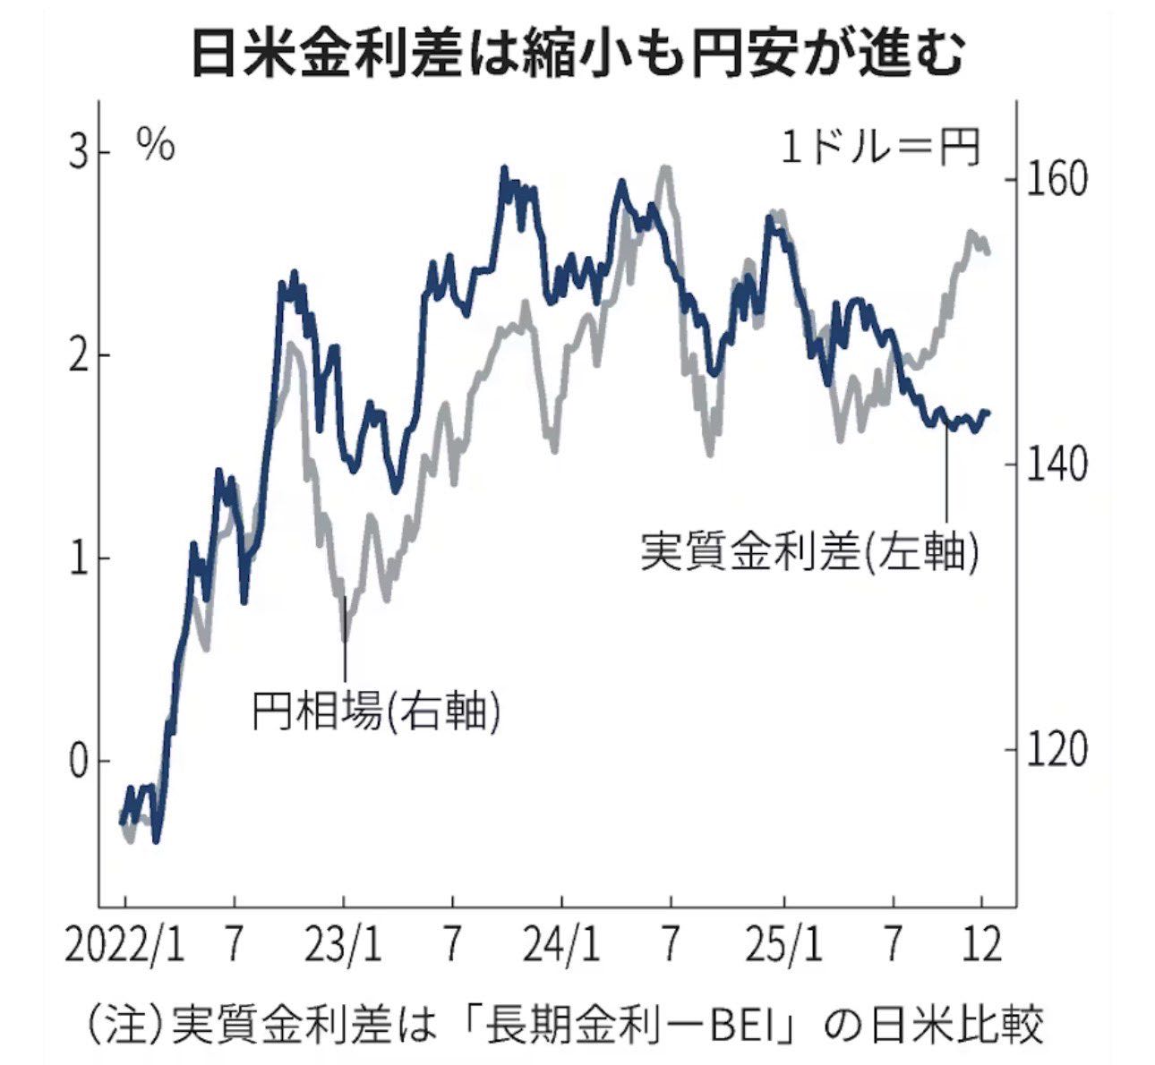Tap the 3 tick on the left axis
[80, 153]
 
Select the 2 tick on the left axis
[80, 355]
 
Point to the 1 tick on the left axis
[80, 558]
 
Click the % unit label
[156, 145]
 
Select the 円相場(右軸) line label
[374, 711]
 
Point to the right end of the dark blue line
[988, 413]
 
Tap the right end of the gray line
[988, 251]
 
